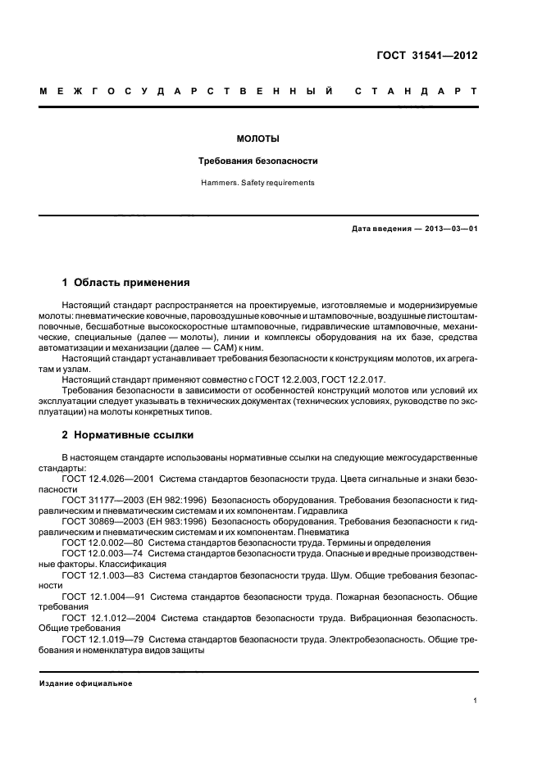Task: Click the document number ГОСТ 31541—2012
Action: (429, 57)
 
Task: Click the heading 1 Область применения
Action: (125, 282)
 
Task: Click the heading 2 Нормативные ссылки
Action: (128, 434)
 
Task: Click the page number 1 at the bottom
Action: (475, 701)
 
